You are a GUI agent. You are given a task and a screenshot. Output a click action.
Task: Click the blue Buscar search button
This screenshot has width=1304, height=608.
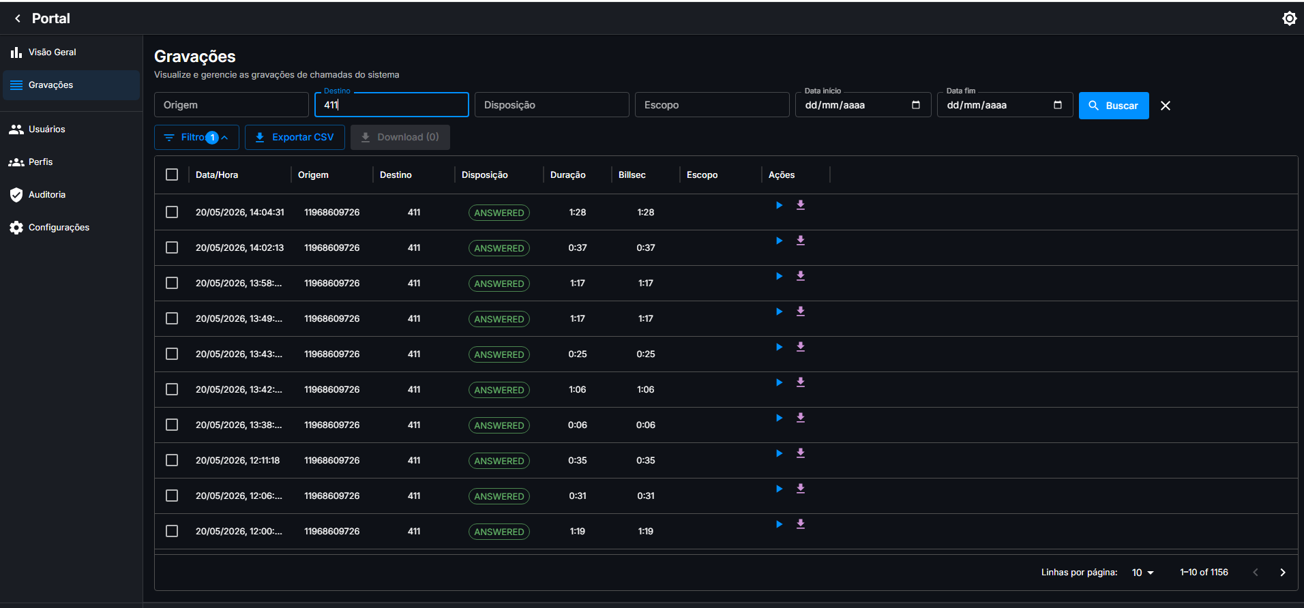point(1113,106)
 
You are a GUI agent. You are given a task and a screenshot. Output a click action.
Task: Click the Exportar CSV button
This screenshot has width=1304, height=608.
point(295,137)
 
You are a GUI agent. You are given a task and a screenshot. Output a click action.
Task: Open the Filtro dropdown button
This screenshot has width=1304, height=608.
point(196,137)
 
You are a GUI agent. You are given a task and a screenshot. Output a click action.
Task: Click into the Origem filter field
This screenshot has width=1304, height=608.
point(231,105)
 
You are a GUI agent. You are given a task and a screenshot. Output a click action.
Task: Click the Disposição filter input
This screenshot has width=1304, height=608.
point(552,105)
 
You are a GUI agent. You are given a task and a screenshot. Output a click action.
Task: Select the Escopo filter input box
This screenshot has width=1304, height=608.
point(712,105)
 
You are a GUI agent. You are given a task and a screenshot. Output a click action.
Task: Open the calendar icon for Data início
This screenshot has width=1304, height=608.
point(916,105)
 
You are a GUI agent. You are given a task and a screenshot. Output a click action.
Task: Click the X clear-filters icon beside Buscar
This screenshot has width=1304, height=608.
point(1166,106)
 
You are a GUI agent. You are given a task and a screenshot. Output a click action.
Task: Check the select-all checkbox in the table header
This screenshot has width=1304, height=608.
point(172,174)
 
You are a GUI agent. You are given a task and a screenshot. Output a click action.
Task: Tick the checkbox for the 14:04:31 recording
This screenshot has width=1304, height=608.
point(172,212)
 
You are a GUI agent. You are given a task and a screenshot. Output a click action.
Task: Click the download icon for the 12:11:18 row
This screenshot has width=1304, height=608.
point(801,453)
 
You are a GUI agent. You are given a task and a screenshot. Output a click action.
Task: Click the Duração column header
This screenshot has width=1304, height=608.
point(567,174)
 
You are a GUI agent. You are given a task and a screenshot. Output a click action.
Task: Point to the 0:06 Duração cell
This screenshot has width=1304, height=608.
point(578,425)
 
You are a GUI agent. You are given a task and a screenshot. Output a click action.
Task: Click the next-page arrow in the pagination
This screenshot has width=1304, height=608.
point(1282,573)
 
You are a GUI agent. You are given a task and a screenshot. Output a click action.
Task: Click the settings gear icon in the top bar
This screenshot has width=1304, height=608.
point(1289,18)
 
